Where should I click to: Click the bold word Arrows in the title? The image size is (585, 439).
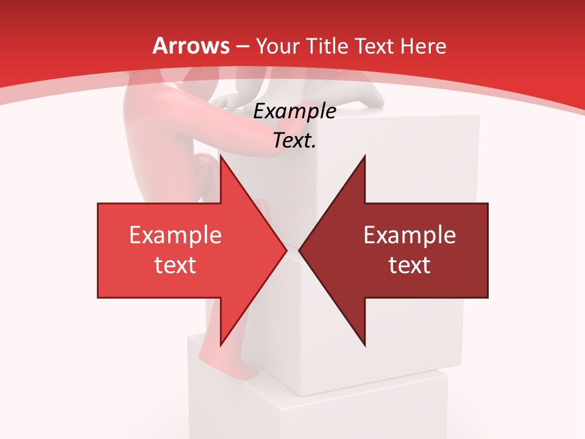pyautogui.click(x=191, y=46)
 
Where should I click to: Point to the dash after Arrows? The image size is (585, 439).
pyautogui.click(x=242, y=47)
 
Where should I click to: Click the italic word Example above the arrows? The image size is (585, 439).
pyautogui.click(x=294, y=111)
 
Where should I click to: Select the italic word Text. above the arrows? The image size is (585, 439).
pyautogui.click(x=294, y=140)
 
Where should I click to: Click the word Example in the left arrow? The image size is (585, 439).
pyautogui.click(x=175, y=235)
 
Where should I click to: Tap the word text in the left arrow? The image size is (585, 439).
pyautogui.click(x=175, y=265)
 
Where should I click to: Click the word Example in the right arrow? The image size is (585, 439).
pyautogui.click(x=409, y=235)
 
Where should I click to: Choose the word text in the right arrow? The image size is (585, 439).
pyautogui.click(x=409, y=265)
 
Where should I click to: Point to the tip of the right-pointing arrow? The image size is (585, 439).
pyautogui.click(x=287, y=250)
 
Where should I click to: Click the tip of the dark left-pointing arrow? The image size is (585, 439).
pyautogui.click(x=299, y=250)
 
